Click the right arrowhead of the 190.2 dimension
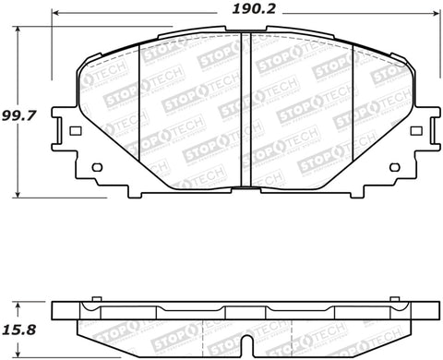coord(435,16)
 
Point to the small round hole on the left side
coord(95,167)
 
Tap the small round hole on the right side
coord(395,167)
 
